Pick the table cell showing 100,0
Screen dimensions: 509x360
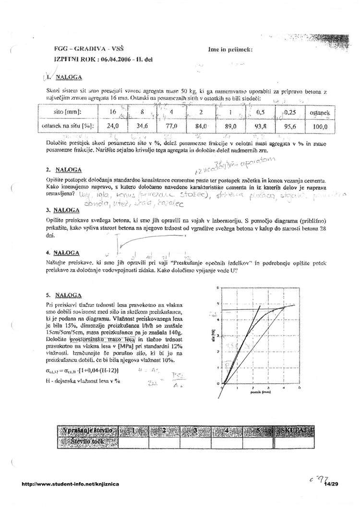[x=319, y=127]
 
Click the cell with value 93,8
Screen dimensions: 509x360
[x=261, y=127]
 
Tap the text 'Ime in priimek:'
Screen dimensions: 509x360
[x=231, y=49]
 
